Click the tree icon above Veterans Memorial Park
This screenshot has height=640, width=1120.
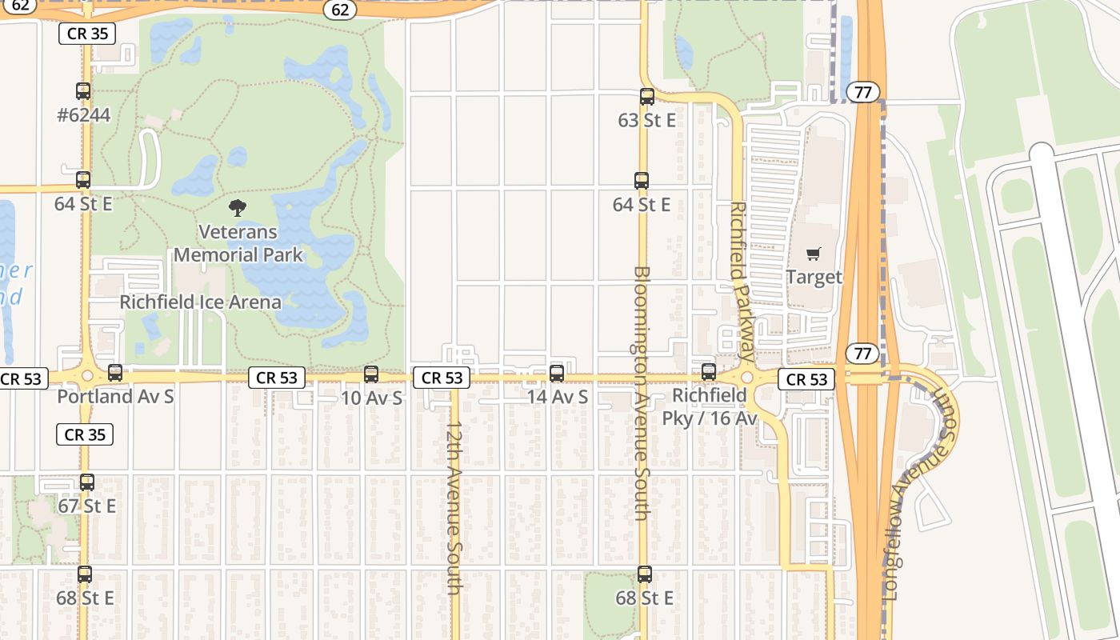pyautogui.click(x=237, y=209)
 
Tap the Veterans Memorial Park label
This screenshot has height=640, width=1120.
pyautogui.click(x=238, y=244)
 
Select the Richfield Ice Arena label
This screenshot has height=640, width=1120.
pyautogui.click(x=200, y=302)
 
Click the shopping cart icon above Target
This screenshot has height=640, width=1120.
pyautogui.click(x=814, y=254)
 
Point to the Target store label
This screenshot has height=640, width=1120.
pyautogui.click(x=814, y=278)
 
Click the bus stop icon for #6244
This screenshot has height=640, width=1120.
pyautogui.click(x=83, y=91)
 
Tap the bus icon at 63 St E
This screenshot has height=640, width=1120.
pyautogui.click(x=647, y=97)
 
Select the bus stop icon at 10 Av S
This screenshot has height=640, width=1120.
pyautogui.click(x=371, y=374)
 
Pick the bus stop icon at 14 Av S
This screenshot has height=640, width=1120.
pyautogui.click(x=557, y=373)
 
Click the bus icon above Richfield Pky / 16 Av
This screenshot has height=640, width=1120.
pyautogui.click(x=709, y=371)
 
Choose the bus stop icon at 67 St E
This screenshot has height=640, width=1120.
pyautogui.click(x=87, y=482)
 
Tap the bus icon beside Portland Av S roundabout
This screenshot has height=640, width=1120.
pyautogui.click(x=115, y=372)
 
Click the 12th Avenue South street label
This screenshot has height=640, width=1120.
pyautogui.click(x=454, y=507)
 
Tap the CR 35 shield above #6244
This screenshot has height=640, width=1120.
pyautogui.click(x=87, y=34)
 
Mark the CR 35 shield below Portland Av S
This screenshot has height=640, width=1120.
pyautogui.click(x=84, y=434)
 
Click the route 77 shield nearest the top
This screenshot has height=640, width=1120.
pyautogui.click(x=862, y=92)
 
